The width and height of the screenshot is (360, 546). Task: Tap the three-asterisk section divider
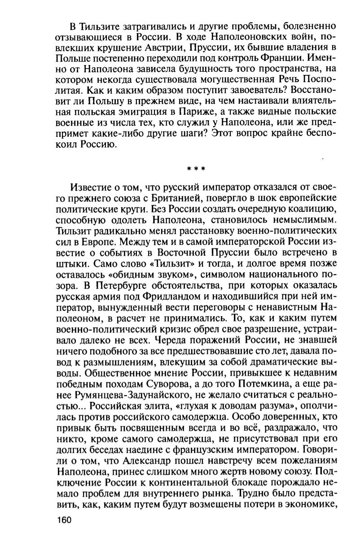click(196, 170)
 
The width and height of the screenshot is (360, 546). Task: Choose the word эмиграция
click(139, 122)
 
